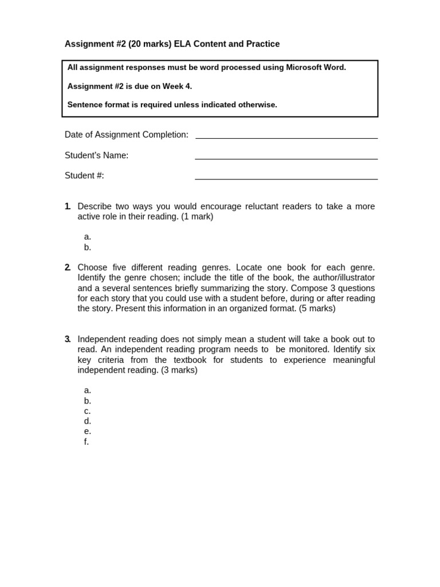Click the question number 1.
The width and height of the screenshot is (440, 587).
coord(68,206)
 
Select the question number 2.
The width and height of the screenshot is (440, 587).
coord(68,268)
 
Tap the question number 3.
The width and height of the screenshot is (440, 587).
coord(68,339)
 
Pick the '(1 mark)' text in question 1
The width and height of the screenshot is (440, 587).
coord(197,217)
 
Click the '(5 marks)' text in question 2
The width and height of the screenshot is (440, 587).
coord(317,308)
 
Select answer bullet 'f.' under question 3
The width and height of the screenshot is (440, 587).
coord(87,442)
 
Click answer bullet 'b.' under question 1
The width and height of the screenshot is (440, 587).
coord(88,248)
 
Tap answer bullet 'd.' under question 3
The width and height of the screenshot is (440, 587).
coord(88,421)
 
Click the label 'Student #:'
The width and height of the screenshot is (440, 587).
coord(84,176)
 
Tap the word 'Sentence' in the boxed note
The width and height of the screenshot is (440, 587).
coord(85,105)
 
